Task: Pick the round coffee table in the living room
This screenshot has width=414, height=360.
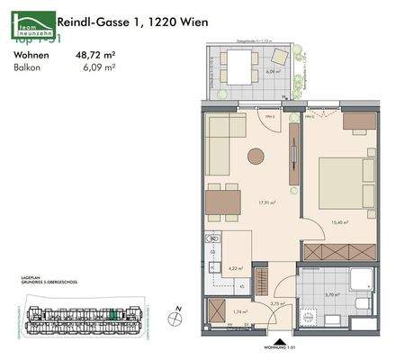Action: click(x=256, y=156)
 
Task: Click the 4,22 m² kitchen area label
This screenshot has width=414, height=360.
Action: click(x=237, y=267)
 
